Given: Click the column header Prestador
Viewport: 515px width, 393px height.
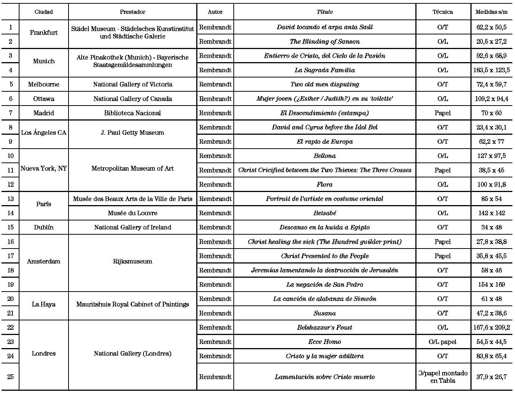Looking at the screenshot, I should pos(133,12).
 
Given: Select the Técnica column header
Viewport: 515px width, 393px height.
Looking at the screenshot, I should pos(442,12).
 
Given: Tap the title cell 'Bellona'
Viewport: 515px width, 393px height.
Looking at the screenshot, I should pos(324,156).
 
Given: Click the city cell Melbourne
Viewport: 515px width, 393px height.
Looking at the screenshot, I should pos(43,84).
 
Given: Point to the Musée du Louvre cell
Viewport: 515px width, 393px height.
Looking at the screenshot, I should pos(133,213).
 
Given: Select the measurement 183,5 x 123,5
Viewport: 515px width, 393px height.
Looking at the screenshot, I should pos(491,70).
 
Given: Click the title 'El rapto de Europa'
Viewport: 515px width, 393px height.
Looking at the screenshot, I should pos(324,141).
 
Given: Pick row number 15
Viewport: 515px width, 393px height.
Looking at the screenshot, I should pos(10,227).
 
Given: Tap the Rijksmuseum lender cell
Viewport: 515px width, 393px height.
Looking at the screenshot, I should pos(133,261).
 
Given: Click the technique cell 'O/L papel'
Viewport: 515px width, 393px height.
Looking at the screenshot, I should pos(442,342).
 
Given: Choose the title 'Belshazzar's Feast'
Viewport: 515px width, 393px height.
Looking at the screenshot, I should pos(324,327).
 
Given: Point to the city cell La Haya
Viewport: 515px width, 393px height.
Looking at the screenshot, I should pos(43,304).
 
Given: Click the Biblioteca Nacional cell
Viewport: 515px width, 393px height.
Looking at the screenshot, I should pos(133,113).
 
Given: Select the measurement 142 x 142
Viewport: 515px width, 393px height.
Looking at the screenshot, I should pos(491,213).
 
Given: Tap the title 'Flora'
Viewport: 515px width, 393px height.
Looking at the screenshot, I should pos(324,185).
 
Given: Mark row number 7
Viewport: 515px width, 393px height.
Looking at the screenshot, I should pos(10,113).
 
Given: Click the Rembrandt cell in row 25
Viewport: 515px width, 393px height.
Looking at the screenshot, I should pos(215,377).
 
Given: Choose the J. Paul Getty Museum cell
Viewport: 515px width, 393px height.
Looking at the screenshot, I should pos(133,132).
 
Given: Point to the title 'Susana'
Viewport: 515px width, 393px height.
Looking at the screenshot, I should pos(324,313).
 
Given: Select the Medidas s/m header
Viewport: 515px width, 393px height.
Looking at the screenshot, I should pos(491,12).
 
